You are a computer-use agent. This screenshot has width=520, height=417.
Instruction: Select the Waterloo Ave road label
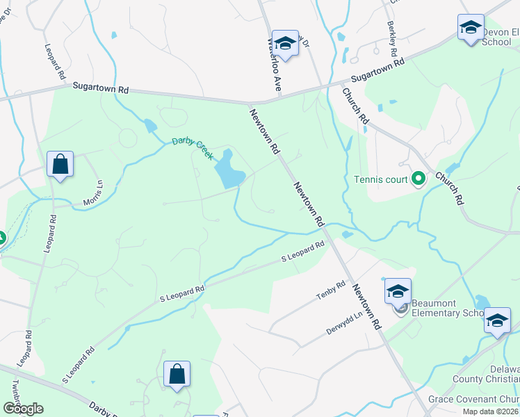[273, 66]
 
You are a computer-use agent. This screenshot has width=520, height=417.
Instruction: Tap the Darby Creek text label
[193, 148]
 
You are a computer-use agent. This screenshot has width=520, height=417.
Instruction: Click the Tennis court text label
[380, 180]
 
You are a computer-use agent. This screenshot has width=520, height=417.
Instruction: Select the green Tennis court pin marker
[418, 180]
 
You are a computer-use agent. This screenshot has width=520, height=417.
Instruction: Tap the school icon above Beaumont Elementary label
[398, 291]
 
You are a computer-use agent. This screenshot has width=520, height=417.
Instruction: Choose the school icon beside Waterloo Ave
[285, 43]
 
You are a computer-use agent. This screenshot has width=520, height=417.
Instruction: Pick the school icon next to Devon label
[471, 28]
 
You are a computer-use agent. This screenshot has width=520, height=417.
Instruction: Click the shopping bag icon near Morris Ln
[60, 165]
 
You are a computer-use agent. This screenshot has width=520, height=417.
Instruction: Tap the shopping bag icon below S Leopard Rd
[177, 375]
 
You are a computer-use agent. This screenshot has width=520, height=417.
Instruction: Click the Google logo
[23, 409]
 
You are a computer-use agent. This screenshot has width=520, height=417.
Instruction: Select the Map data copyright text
[489, 411]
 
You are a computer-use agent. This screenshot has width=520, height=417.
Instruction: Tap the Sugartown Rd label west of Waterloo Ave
[101, 89]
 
